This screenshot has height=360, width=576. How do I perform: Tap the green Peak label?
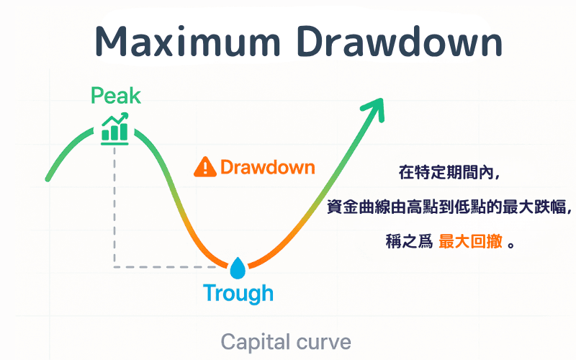coord(116,96)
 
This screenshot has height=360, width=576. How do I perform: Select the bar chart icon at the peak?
coord(115,128)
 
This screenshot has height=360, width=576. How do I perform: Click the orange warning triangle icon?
coord(205,168)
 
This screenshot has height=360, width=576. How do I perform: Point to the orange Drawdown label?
coord(267,168)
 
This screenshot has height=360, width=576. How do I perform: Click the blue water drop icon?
coord(238,269)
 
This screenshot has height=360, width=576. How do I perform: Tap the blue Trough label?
coord(238,294)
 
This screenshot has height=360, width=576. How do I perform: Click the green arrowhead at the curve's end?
coord(374,110)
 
